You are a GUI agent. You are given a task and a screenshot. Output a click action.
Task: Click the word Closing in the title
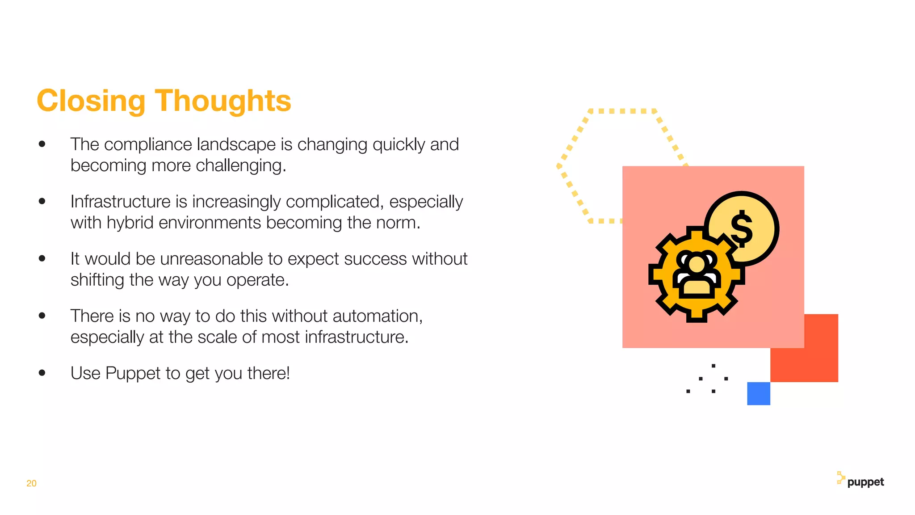(x=91, y=101)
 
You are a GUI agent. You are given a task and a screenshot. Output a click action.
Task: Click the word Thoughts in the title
(x=223, y=101)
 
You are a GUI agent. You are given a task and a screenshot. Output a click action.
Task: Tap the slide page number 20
(x=31, y=483)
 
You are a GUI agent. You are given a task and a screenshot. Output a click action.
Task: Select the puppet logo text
(x=865, y=482)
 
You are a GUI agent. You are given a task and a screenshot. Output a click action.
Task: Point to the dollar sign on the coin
(x=742, y=229)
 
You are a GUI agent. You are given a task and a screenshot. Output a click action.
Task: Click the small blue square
(x=759, y=393)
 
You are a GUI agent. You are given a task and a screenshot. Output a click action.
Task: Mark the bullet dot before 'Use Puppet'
(x=42, y=373)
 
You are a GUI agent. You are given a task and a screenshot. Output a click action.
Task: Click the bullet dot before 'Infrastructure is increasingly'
(x=42, y=201)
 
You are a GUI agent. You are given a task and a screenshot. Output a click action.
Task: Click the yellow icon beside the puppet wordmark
(x=840, y=478)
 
